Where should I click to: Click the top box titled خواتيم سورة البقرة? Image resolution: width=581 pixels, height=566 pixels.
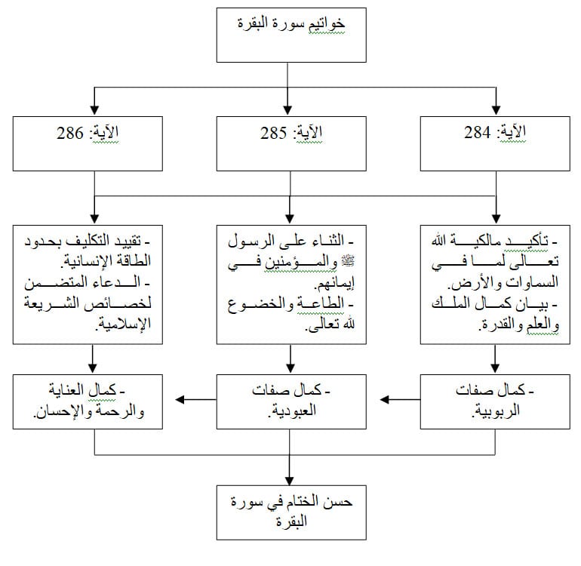click(x=291, y=35)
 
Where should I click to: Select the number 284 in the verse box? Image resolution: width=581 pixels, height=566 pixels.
click(x=477, y=133)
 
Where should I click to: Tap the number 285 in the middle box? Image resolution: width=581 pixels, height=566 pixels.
click(x=273, y=133)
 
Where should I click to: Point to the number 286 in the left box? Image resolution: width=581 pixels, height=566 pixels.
click(x=70, y=133)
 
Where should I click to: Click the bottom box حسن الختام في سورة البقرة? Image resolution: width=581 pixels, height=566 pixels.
click(x=291, y=512)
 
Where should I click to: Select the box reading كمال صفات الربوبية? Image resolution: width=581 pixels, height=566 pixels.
click(x=495, y=401)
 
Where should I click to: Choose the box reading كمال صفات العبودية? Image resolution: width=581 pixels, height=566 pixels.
click(x=291, y=401)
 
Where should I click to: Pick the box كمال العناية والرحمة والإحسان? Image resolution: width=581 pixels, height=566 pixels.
click(x=88, y=401)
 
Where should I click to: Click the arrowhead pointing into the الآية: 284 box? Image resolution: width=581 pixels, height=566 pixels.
click(x=496, y=110)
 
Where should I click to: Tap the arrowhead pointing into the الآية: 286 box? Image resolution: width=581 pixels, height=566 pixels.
click(x=94, y=110)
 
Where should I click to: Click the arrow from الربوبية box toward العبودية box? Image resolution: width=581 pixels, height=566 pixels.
click(x=400, y=399)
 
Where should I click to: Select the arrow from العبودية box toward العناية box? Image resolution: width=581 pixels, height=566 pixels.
click(x=195, y=399)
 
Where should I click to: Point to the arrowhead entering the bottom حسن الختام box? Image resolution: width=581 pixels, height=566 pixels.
click(x=290, y=481)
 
